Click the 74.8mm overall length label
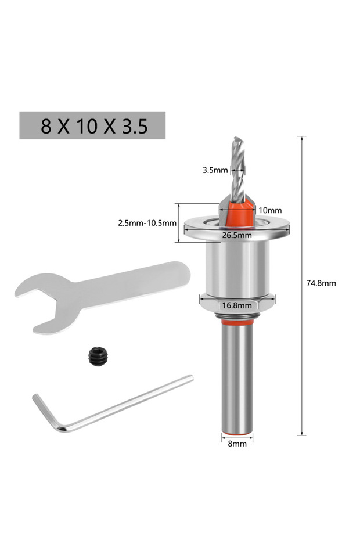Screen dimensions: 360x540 click(321, 283)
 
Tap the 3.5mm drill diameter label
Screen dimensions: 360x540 click(215, 170)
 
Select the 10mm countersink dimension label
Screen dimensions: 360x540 click(270, 210)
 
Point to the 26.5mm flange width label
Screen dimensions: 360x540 click(237, 236)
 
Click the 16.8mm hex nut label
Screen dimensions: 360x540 click(237, 305)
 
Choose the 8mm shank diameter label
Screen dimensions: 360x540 click(237, 444)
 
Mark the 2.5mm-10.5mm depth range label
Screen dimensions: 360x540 click(147, 223)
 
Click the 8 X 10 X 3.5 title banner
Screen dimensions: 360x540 click(92, 125)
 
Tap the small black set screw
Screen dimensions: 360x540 click(98, 356)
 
